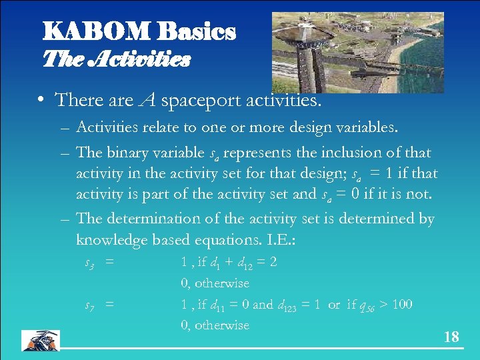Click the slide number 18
point(451,337)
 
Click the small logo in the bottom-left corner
point(40,340)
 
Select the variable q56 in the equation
point(366,306)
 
